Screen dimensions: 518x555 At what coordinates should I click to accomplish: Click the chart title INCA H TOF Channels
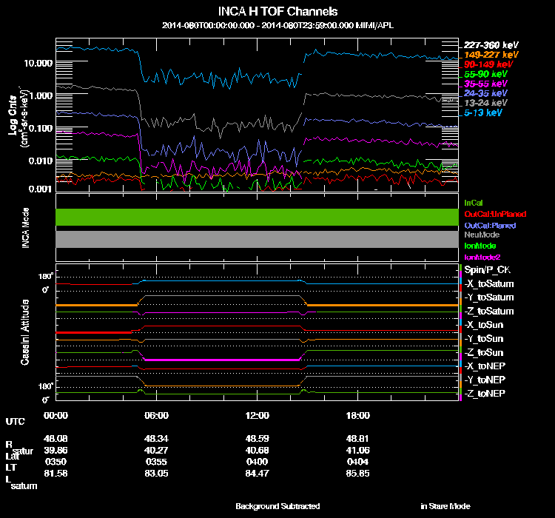(x=278, y=11)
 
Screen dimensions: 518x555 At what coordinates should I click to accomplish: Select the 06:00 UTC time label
(x=156, y=415)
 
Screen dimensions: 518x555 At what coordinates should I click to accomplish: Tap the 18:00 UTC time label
(x=357, y=415)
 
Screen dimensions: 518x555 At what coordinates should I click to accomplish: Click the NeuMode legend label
(x=481, y=235)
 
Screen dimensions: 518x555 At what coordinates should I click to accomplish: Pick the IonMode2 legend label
(x=482, y=256)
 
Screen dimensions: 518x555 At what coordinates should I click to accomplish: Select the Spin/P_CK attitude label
(x=485, y=270)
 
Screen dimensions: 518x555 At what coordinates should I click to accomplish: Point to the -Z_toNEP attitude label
(x=487, y=392)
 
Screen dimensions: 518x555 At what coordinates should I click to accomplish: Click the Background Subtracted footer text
(x=277, y=506)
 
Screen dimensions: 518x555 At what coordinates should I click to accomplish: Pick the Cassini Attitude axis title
(x=24, y=332)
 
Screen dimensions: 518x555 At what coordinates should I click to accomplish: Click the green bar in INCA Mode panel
(x=255, y=217)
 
